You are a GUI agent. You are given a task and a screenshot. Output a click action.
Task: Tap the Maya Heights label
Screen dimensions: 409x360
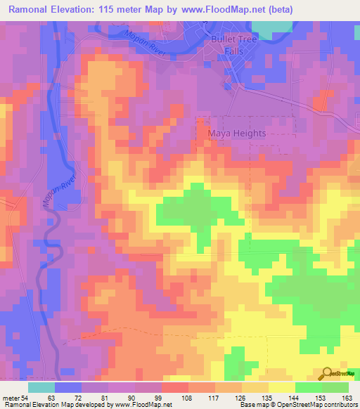[236, 133]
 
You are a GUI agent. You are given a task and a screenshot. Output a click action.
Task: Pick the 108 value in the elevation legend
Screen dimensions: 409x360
[188, 396]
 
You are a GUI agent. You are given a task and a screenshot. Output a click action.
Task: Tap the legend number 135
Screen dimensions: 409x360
[268, 396]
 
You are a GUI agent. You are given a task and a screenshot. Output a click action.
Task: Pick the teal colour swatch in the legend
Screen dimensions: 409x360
[41, 387]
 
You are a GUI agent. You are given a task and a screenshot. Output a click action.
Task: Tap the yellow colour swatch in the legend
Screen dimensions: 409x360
[281, 387]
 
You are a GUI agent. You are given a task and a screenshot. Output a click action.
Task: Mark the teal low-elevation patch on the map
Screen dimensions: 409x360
[270, 29]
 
